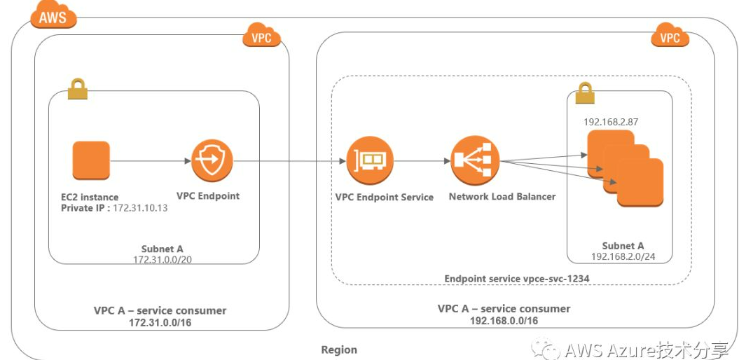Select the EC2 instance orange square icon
(x=91, y=160)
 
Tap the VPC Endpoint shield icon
(x=212, y=160)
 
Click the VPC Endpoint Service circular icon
(x=370, y=160)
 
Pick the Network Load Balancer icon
(x=475, y=161)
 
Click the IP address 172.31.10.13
(x=140, y=208)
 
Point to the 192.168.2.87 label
(x=611, y=122)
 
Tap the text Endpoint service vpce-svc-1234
(x=517, y=279)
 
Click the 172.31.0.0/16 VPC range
(x=160, y=323)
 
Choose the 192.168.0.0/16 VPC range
(x=504, y=320)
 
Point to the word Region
(x=339, y=349)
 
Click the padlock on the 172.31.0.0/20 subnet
(x=77, y=88)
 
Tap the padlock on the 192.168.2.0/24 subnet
(x=585, y=93)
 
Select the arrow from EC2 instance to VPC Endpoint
(x=151, y=160)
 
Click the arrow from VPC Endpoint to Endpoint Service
(x=290, y=161)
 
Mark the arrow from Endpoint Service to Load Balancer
(x=422, y=161)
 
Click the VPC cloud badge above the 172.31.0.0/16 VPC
(x=261, y=35)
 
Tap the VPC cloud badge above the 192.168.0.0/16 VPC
(x=670, y=35)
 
